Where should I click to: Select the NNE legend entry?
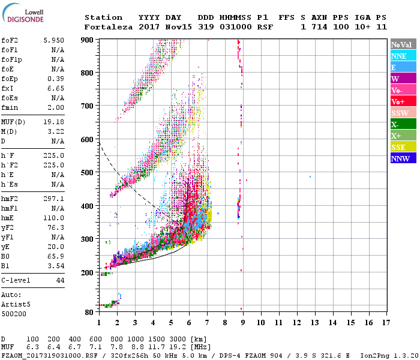[400, 56]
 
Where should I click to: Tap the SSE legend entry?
[400, 148]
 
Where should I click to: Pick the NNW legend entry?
[400, 159]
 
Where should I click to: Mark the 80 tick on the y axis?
[89, 312]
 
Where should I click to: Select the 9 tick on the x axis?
[243, 323]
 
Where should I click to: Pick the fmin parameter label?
[10, 107]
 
